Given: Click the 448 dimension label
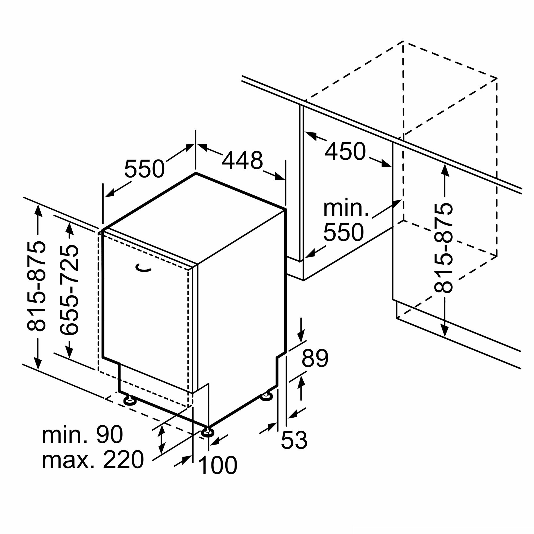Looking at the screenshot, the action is [x=242, y=160].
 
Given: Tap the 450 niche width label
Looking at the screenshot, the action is [x=345, y=151].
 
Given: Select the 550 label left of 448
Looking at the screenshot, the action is [x=144, y=168].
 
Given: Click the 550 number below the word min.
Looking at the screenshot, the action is [x=343, y=232].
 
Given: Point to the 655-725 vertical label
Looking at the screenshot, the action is [x=69, y=290].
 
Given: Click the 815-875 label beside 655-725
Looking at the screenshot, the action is [x=36, y=286].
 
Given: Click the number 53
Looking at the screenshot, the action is [x=294, y=440].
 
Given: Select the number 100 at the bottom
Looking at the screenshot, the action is [x=218, y=465].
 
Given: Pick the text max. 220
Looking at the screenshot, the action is [x=93, y=460].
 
